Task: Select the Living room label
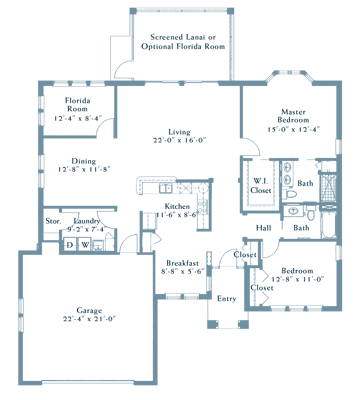click(x=180, y=130)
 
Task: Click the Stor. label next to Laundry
click(x=53, y=220)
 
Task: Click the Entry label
click(x=227, y=298)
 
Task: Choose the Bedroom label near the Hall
click(x=298, y=271)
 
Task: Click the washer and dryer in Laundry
click(x=77, y=243)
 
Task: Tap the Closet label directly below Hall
click(x=244, y=255)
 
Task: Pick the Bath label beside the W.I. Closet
click(x=305, y=184)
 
